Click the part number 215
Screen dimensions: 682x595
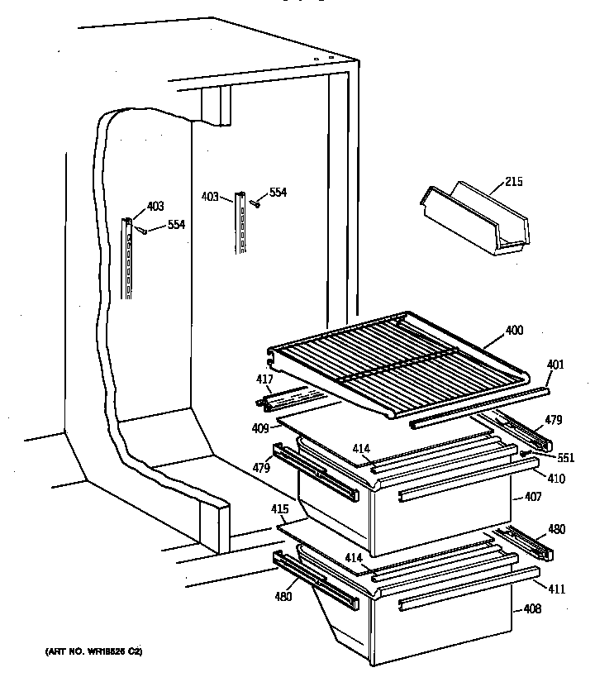[x=513, y=181]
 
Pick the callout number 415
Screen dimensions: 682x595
[x=280, y=509]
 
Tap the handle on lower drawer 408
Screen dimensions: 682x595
[x=443, y=603]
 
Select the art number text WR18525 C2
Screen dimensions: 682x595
[x=93, y=652]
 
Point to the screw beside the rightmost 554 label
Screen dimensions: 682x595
[x=256, y=203]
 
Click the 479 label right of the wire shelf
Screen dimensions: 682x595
[x=553, y=420]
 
